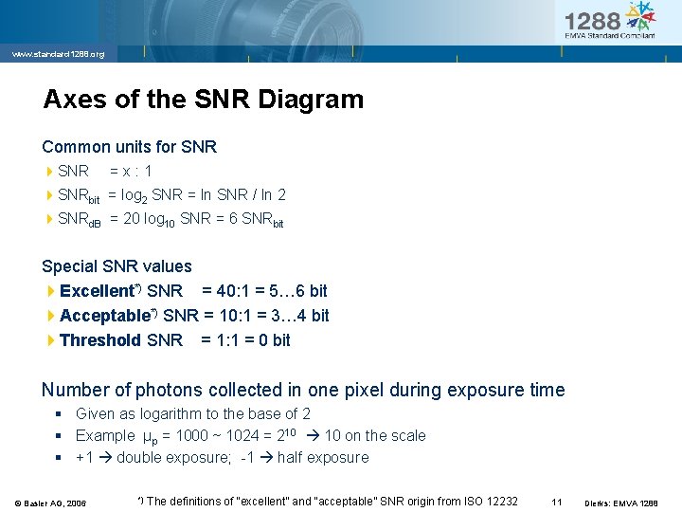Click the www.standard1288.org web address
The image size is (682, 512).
point(58,54)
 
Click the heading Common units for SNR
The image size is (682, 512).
point(129,147)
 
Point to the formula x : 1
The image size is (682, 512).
point(131,172)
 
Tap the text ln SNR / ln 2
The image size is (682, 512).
point(241,195)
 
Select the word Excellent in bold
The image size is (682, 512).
point(96,291)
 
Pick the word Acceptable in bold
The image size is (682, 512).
point(103,316)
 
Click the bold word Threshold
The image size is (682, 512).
point(99,340)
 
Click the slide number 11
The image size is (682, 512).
point(557,502)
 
